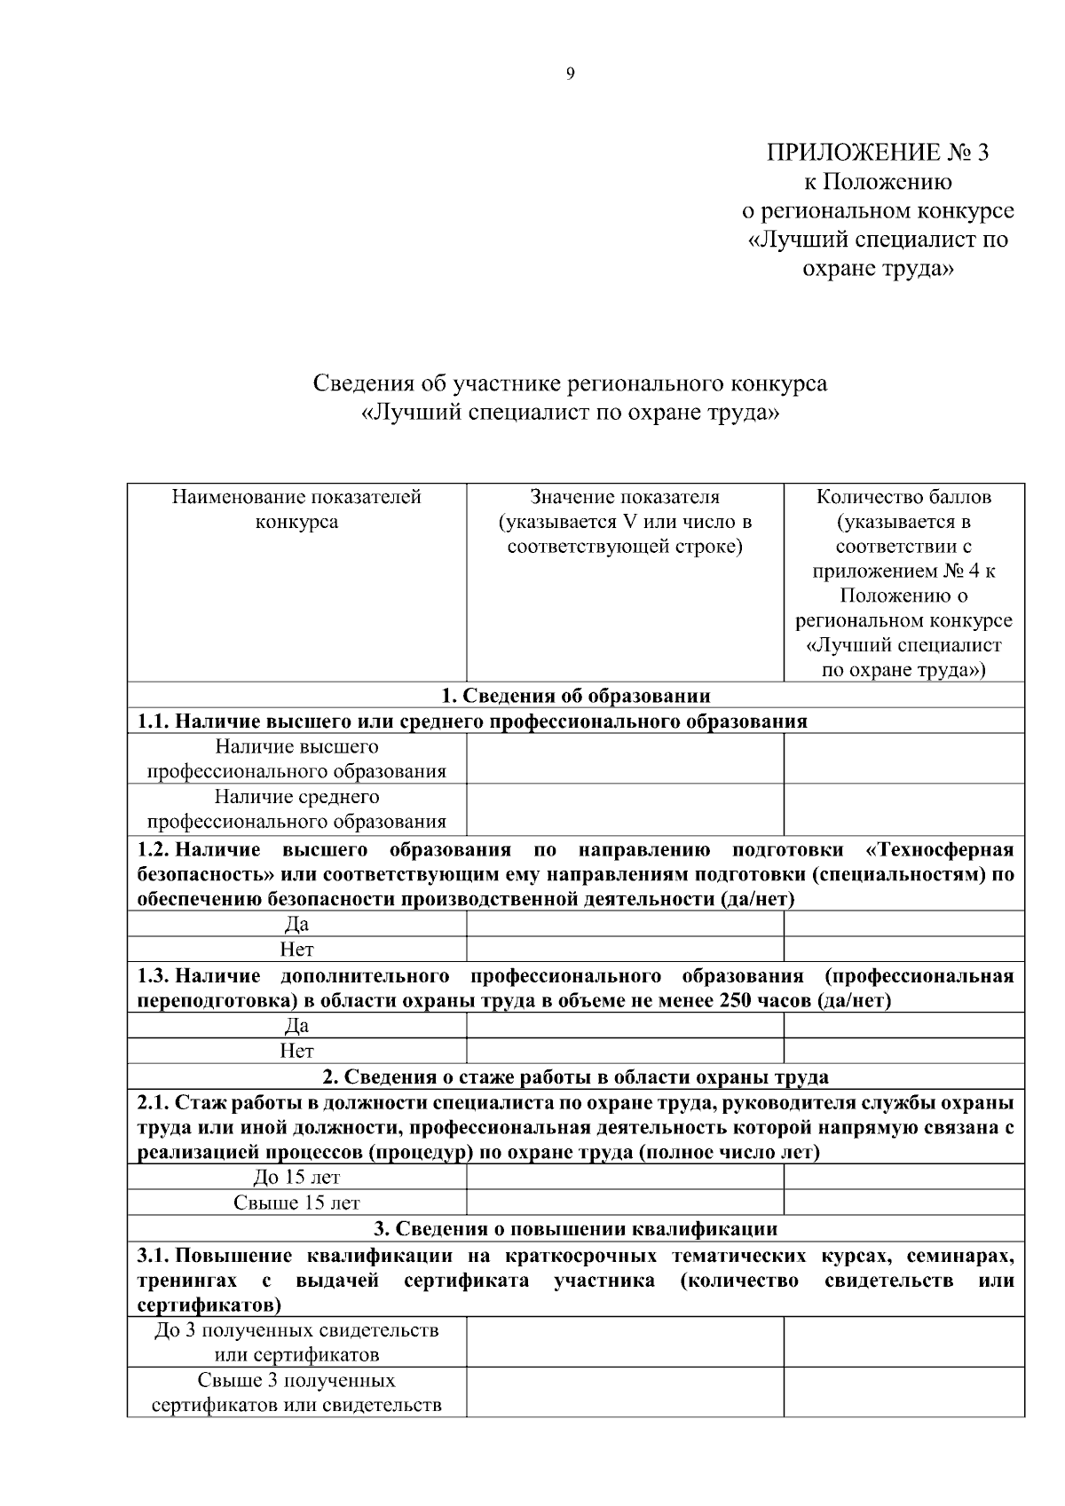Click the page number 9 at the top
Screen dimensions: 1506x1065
[569, 75]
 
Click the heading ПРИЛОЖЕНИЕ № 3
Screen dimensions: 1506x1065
[877, 153]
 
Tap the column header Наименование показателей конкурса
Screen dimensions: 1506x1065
[296, 509]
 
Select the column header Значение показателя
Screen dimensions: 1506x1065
[625, 497]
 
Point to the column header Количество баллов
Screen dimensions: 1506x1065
[903, 497]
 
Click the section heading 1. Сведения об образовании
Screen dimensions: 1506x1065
[576, 695]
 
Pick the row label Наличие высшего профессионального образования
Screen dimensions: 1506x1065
[296, 759]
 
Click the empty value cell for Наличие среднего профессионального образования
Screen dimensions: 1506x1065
[625, 809]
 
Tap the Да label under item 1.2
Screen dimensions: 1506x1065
[296, 925]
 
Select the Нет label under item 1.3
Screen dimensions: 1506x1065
[296, 1051]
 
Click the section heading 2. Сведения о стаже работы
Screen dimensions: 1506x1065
[576, 1076]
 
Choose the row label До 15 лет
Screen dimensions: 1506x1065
[296, 1178]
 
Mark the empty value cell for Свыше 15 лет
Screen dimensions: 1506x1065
[625, 1202]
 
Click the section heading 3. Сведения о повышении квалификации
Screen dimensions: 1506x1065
[576, 1228]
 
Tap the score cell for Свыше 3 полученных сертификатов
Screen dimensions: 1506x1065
[903, 1392]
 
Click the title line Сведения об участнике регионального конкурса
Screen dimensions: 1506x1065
[570, 383]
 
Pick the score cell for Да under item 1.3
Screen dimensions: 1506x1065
[903, 1026]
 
